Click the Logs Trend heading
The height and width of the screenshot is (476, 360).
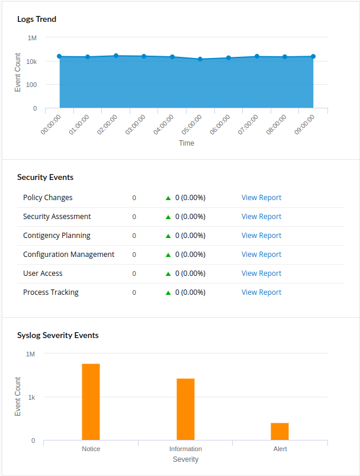point(37,19)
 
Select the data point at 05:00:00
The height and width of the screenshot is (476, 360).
point(200,59)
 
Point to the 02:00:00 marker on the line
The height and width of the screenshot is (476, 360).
point(116,56)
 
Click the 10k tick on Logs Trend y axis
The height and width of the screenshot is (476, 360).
point(31,62)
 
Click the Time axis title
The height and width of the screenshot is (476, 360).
point(187,143)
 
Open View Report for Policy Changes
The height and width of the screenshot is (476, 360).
point(261,198)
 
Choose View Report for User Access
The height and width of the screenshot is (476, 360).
point(261,274)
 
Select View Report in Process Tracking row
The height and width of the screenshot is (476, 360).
point(261,292)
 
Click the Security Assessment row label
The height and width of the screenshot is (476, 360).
point(57,217)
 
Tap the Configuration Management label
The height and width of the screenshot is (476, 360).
point(69,255)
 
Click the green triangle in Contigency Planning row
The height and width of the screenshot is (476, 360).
point(168,236)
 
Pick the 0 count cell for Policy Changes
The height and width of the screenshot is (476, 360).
point(134,198)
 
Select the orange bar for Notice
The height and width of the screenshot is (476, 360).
point(91,402)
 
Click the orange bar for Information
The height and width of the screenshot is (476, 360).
point(185,409)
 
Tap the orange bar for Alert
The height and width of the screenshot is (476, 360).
point(279,432)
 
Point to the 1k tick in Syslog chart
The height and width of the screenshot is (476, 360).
point(31,397)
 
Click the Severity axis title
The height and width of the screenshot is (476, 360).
point(185,459)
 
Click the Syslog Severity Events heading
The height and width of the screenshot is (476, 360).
point(58,335)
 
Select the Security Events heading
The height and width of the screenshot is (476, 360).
point(45,177)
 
